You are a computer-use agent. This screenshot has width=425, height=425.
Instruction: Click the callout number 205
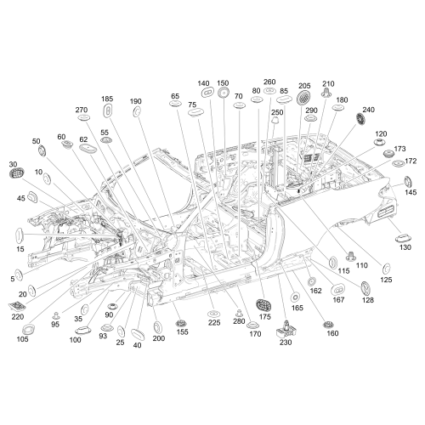(x=304, y=86)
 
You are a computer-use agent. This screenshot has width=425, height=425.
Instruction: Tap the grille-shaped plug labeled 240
(x=360, y=119)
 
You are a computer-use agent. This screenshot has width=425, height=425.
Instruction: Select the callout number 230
(x=286, y=343)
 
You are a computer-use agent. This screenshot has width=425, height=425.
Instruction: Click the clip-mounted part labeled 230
(x=286, y=329)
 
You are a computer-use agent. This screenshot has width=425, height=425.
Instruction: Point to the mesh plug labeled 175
(x=263, y=305)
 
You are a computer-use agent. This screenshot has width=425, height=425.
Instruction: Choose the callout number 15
(x=20, y=249)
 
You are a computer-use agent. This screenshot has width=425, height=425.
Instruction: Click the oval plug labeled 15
(x=19, y=235)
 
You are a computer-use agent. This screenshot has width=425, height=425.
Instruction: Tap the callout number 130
(x=405, y=247)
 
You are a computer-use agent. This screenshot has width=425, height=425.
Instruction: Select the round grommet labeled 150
(x=224, y=93)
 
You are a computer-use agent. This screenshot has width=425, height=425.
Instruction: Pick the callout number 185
(x=107, y=99)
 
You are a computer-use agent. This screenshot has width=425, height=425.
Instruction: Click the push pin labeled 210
(x=326, y=93)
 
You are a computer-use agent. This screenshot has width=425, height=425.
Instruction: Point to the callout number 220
(x=18, y=317)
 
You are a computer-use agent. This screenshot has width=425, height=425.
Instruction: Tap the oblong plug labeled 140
(x=207, y=92)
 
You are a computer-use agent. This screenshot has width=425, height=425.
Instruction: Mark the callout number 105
(x=22, y=339)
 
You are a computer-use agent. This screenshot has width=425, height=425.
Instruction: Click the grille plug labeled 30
(x=17, y=173)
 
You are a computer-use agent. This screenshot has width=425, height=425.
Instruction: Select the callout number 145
(x=411, y=192)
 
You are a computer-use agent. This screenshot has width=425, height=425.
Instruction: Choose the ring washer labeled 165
(x=295, y=297)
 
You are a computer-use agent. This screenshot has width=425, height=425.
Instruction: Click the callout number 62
(x=83, y=139)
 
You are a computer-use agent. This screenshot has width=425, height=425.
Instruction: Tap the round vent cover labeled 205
(x=303, y=98)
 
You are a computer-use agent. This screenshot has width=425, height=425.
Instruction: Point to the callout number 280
(x=239, y=321)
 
